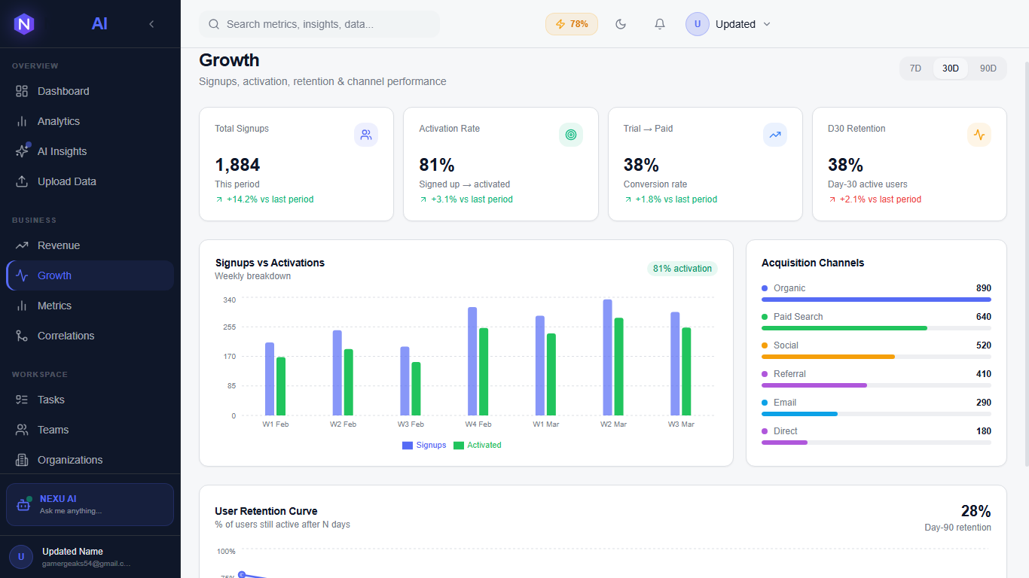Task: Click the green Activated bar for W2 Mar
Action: (x=618, y=367)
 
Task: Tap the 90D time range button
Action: (x=988, y=68)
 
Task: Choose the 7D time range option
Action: (x=915, y=68)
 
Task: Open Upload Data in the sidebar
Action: (x=66, y=181)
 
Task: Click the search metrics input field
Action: (x=324, y=24)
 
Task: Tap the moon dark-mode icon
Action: (x=621, y=24)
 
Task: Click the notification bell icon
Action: (x=660, y=24)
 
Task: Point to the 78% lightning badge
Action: (x=572, y=24)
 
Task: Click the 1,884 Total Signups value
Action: (x=237, y=165)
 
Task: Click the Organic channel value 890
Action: (x=983, y=288)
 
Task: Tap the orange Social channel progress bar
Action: (x=828, y=357)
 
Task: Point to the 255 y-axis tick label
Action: (x=229, y=327)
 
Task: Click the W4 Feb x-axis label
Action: (x=478, y=424)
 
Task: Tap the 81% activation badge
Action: (x=682, y=269)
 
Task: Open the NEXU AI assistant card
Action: (x=90, y=504)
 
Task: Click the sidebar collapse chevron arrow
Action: (x=151, y=24)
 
